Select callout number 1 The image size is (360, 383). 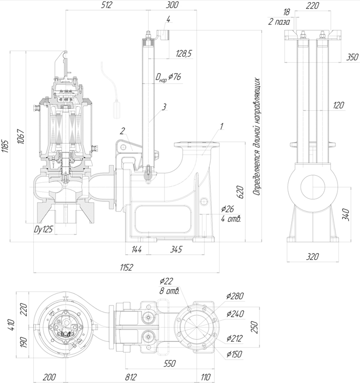point(221,125)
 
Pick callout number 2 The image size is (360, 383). point(123,130)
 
